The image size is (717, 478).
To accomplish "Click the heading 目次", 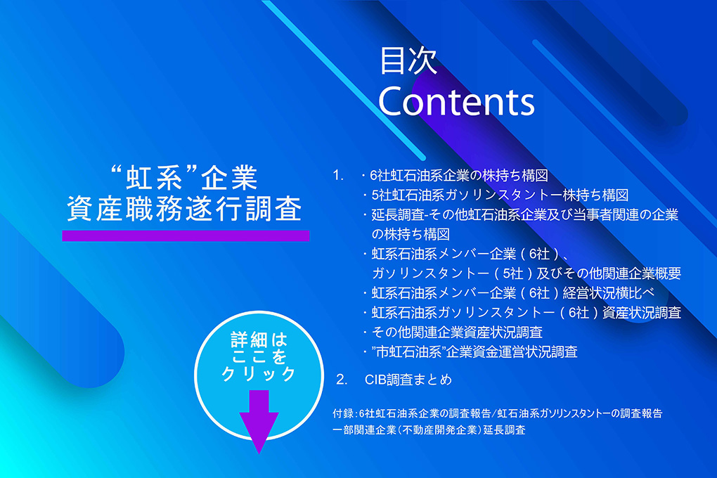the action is pyautogui.click(x=408, y=60).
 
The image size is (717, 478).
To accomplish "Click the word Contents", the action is pyautogui.click(x=456, y=101).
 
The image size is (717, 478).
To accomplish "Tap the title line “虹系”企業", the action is pyautogui.click(x=184, y=177).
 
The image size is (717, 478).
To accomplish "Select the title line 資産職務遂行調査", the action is pyautogui.click(x=184, y=209).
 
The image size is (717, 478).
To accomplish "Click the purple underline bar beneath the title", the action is pyautogui.click(x=186, y=235).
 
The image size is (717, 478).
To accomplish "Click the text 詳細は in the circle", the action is pyautogui.click(x=259, y=340).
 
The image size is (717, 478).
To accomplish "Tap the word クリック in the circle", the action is pyautogui.click(x=259, y=374).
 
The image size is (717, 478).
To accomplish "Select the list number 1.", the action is pyautogui.click(x=338, y=175).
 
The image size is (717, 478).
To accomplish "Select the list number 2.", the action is pyautogui.click(x=342, y=379).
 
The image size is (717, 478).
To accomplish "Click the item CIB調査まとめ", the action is pyautogui.click(x=408, y=379).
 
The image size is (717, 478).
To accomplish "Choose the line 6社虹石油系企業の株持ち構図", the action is pyautogui.click(x=458, y=175).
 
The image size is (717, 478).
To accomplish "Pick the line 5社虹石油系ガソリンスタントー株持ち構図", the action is pyautogui.click(x=500, y=195).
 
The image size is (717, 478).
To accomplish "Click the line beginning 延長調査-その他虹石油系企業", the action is pyautogui.click(x=524, y=214).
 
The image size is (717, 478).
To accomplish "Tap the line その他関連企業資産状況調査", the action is pyautogui.click(x=457, y=332).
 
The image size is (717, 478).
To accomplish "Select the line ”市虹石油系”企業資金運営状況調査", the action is pyautogui.click(x=474, y=351).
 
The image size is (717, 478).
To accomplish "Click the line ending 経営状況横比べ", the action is pyautogui.click(x=512, y=292).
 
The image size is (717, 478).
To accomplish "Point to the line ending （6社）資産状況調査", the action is pyautogui.click(x=526, y=312).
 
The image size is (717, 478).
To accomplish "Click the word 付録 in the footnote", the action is pyautogui.click(x=343, y=413).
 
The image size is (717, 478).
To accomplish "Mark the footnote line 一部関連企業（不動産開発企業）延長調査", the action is pyautogui.click(x=429, y=430).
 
